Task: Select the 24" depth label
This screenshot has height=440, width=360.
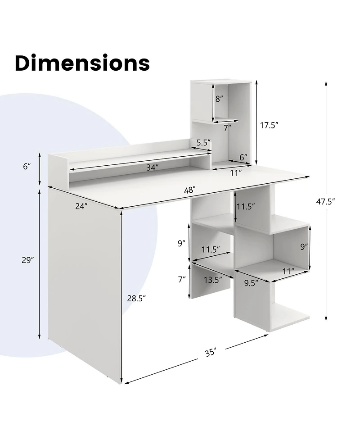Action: pyautogui.click(x=81, y=206)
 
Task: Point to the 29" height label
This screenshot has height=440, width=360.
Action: pyautogui.click(x=28, y=260)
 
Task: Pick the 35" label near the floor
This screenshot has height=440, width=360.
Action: pyautogui.click(x=210, y=352)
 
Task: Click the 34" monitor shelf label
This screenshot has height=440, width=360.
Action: pyautogui.click(x=153, y=168)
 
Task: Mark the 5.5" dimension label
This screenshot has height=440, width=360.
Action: pyautogui.click(x=203, y=143)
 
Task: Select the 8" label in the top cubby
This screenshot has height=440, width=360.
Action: pyautogui.click(x=219, y=99)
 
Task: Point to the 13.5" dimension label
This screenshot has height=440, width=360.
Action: pyautogui.click(x=212, y=280)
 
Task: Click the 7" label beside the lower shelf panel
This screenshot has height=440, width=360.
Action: pyautogui.click(x=182, y=279)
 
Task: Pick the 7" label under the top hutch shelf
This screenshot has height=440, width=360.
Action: pyautogui.click(x=227, y=128)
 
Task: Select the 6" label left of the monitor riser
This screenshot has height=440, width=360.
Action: pyautogui.click(x=27, y=166)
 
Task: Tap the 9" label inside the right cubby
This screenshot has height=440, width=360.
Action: pyautogui.click(x=304, y=246)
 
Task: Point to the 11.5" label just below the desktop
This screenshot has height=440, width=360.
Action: pyautogui.click(x=246, y=207)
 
